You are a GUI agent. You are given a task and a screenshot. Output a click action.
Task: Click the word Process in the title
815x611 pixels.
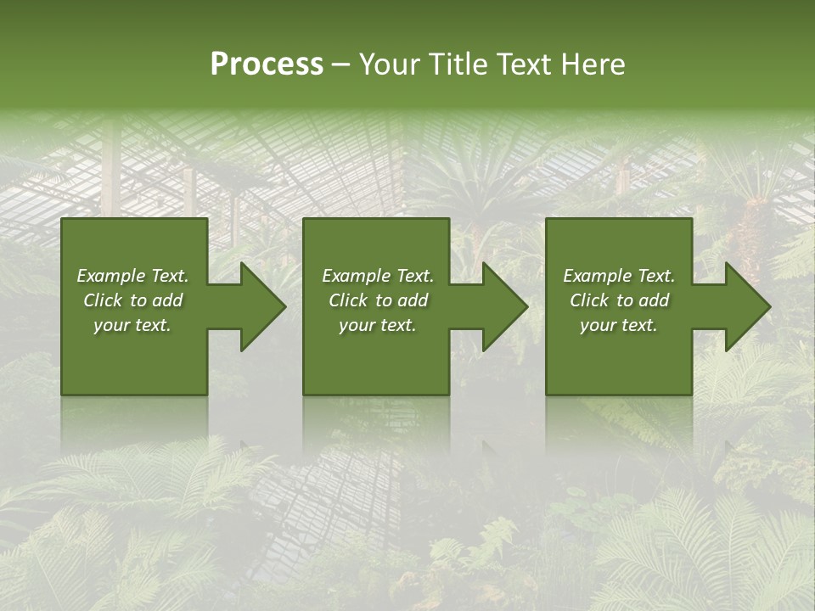click(x=267, y=64)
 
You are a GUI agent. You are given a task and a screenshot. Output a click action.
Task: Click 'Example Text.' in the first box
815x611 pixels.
click(x=132, y=276)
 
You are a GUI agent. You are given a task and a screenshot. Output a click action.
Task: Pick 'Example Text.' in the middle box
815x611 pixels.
click(x=378, y=276)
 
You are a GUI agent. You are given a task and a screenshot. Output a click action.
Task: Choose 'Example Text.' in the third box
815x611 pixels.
click(x=619, y=276)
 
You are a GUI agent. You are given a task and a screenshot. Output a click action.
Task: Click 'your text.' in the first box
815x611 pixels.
click(x=132, y=325)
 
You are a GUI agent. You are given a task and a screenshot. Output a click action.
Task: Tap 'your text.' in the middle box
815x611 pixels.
click(x=378, y=325)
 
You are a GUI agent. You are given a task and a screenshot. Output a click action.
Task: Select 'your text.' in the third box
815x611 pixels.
click(x=619, y=325)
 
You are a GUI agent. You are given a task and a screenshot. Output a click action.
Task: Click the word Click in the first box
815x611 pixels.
click(x=103, y=300)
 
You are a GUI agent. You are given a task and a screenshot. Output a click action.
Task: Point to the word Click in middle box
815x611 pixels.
click(x=348, y=300)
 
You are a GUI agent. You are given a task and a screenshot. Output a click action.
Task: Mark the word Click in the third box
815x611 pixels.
click(x=589, y=300)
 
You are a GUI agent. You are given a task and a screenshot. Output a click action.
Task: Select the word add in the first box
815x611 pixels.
click(x=167, y=300)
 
